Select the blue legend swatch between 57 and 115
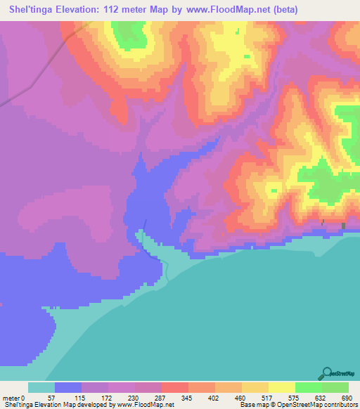coord(68,387)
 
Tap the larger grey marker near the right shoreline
coord(344,226)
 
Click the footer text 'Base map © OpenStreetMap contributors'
coord(298,405)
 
